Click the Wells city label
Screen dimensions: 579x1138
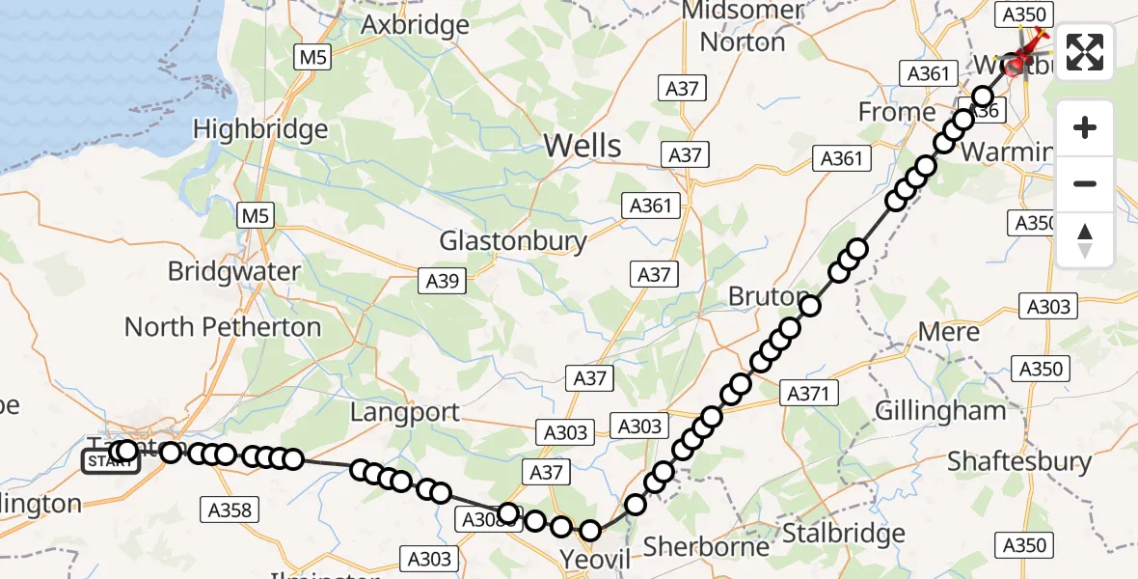click(583, 146)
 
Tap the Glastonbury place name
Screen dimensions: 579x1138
click(513, 240)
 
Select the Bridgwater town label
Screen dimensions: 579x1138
click(233, 271)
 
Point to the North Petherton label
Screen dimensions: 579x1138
click(223, 327)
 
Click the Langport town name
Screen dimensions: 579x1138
click(405, 412)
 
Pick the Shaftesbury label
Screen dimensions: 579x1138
click(1019, 461)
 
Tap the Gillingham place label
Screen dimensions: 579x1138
click(939, 410)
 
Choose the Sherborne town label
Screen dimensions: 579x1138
click(706, 546)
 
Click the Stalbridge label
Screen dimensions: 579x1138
click(844, 533)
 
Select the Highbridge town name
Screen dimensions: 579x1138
click(260, 128)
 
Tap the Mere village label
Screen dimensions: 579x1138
click(949, 332)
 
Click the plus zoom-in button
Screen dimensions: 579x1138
click(1085, 127)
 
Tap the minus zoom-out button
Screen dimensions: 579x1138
click(1085, 183)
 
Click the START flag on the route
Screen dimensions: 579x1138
click(110, 462)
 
